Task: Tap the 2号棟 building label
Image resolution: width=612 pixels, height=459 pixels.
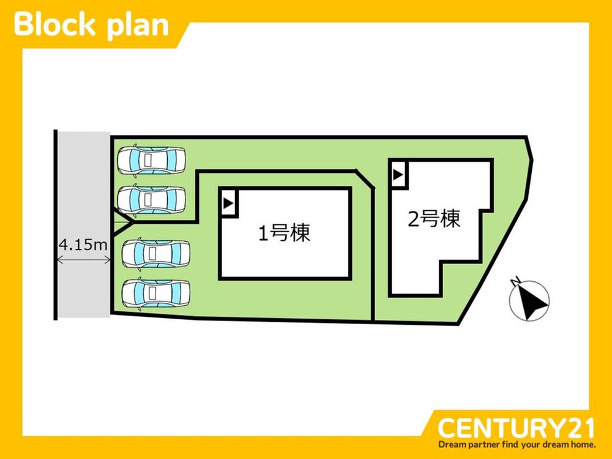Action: click(434, 219)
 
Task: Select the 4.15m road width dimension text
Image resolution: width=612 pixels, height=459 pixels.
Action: click(83, 245)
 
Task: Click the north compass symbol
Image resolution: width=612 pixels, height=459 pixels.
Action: click(529, 300)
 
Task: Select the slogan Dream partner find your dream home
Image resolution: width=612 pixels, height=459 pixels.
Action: click(516, 444)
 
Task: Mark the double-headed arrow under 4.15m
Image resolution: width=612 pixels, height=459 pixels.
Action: click(83, 260)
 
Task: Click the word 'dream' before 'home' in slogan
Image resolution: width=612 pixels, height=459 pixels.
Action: click(556, 444)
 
